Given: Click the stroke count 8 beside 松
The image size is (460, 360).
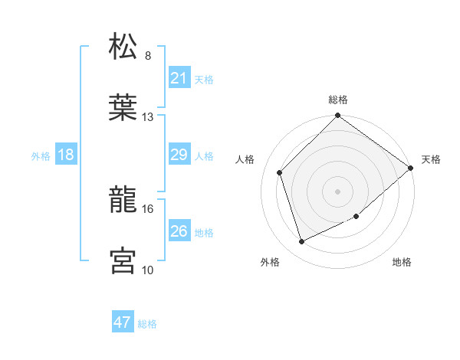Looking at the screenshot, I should tap(148, 56).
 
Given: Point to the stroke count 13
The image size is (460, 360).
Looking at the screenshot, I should tap(148, 117).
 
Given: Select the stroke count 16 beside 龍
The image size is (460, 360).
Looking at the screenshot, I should tap(148, 208).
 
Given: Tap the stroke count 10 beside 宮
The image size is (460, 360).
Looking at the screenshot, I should tap(148, 270).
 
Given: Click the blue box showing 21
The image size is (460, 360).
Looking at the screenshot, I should tap(179, 78).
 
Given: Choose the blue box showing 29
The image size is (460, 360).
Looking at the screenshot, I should tap(179, 155).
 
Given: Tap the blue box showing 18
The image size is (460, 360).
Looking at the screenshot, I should tap(66, 155).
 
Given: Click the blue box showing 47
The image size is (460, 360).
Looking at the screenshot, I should tap(123, 322).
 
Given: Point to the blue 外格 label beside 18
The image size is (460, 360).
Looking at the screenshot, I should tap(41, 156).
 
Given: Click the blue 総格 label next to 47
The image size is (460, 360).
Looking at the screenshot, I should tap(147, 324).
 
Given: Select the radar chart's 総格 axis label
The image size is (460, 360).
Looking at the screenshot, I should tap(337, 100).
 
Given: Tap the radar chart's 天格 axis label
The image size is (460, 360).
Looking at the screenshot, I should tap(432, 159).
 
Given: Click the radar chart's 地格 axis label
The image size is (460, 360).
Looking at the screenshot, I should tap(402, 263).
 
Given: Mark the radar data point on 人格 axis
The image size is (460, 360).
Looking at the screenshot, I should tap(280, 172).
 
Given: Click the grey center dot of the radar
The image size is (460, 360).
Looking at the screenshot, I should tap(337, 191).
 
